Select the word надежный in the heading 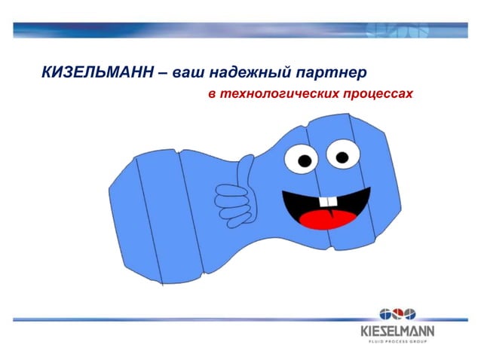pos(247,74)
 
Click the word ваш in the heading pos(188,74)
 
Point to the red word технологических pos(279,96)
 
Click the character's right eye pos(340,156)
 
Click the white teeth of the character pos(327,202)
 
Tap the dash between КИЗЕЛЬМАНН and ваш pos(164,74)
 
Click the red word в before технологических pos(213,96)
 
